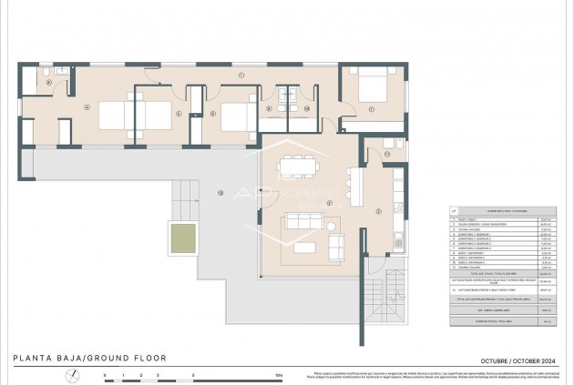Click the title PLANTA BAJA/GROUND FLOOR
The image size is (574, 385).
click(x=88, y=358)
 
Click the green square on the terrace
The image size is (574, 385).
click(x=184, y=239)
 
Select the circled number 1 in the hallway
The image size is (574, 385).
click(x=241, y=74)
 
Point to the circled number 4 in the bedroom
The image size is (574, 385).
click(x=87, y=107)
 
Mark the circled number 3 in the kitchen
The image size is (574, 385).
click(x=377, y=212)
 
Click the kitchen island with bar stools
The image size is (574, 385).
click(x=354, y=187)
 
